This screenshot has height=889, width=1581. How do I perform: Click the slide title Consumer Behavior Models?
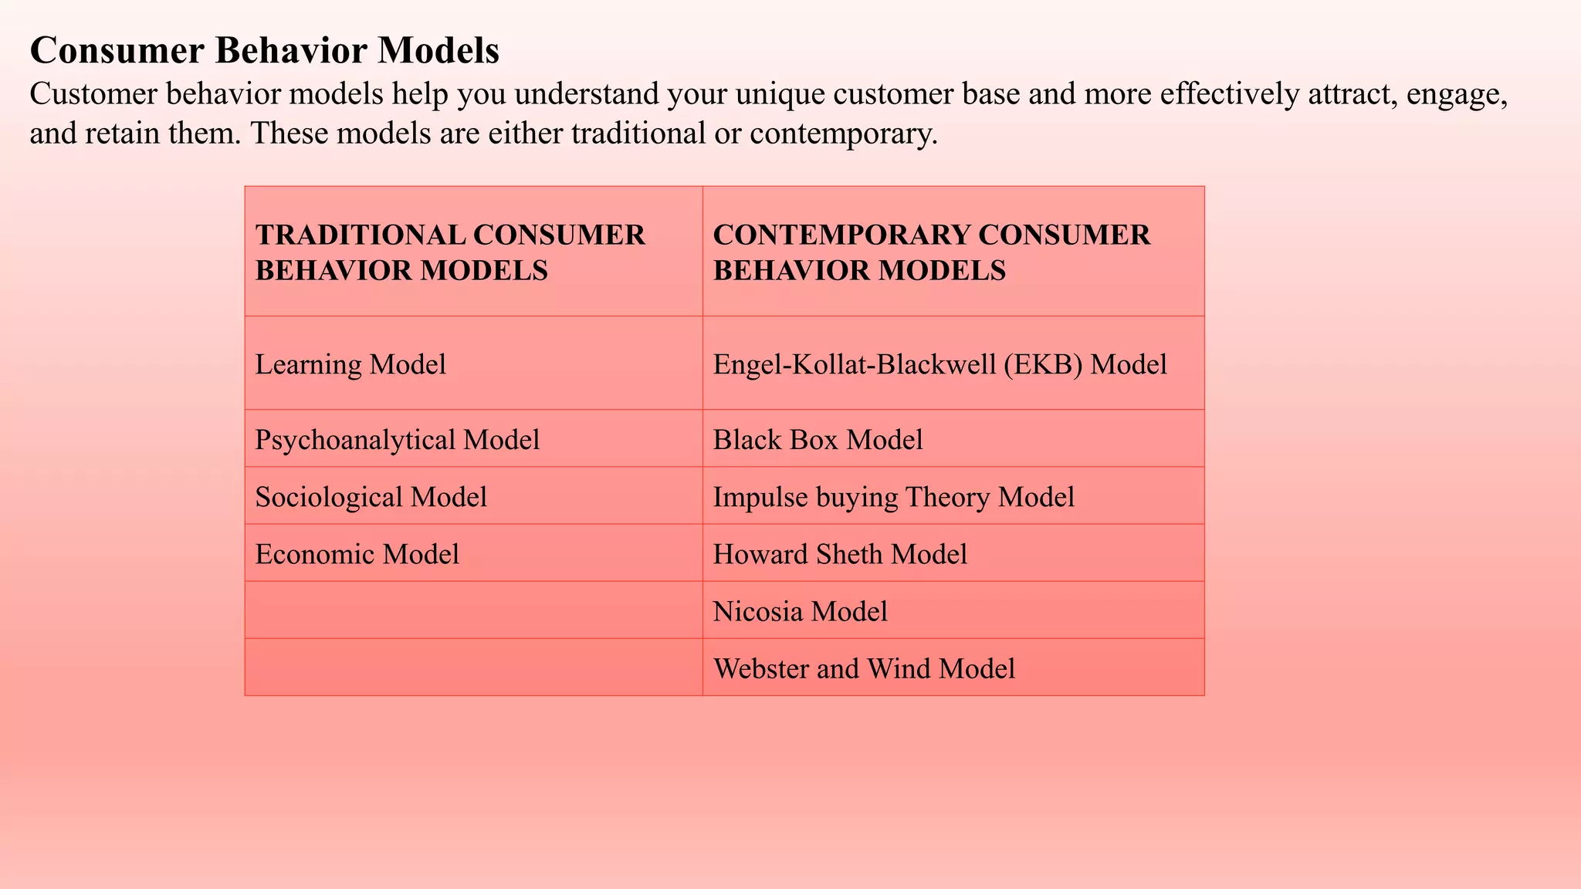click(x=264, y=51)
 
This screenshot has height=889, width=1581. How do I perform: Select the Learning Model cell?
click(x=350, y=364)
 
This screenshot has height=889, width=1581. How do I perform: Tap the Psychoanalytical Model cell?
click(x=398, y=440)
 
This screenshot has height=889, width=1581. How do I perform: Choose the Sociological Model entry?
click(x=371, y=497)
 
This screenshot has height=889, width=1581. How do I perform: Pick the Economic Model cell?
click(x=357, y=554)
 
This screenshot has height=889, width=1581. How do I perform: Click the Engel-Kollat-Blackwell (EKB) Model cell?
click(x=939, y=364)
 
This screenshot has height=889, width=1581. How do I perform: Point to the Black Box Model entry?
click(x=818, y=440)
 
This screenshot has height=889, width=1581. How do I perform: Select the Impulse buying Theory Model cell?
click(x=893, y=497)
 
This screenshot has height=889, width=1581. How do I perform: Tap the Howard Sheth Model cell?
click(x=840, y=554)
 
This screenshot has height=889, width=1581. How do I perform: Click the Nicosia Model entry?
click(x=800, y=611)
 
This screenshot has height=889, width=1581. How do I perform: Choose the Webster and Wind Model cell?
click(x=864, y=668)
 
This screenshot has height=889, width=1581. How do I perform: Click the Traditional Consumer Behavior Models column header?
click(x=450, y=252)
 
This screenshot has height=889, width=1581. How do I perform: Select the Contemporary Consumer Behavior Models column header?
click(x=932, y=252)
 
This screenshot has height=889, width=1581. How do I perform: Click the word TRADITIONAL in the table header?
click(x=361, y=235)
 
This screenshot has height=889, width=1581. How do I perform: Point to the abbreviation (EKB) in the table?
click(x=1042, y=364)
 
